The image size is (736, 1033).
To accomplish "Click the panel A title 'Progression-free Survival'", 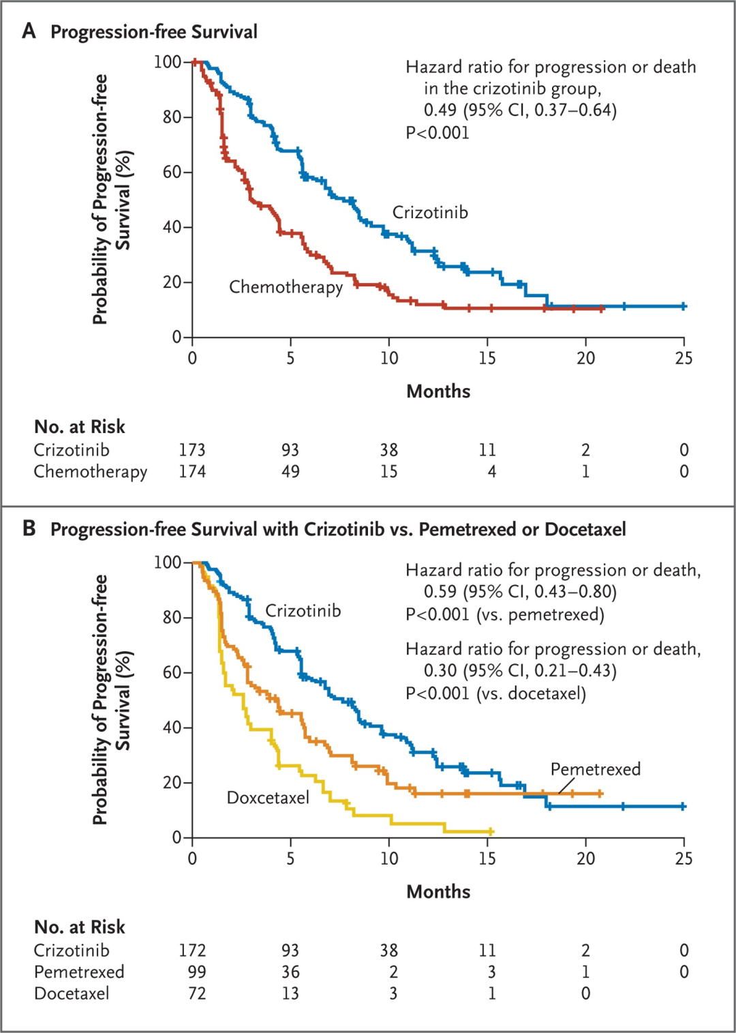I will pyautogui.click(x=154, y=32).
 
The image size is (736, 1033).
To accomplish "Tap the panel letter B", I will pyautogui.click(x=29, y=528).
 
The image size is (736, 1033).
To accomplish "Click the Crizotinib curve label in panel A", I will pyautogui.click(x=430, y=213).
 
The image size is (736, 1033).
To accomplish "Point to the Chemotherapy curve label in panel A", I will pyautogui.click(x=286, y=287).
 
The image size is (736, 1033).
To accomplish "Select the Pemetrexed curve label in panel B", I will pyautogui.click(x=596, y=769).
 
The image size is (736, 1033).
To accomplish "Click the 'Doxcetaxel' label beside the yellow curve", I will pyautogui.click(x=268, y=798).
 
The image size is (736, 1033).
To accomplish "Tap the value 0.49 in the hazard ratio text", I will pyautogui.click(x=440, y=110).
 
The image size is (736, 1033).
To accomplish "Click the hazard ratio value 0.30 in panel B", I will pyautogui.click(x=440, y=671).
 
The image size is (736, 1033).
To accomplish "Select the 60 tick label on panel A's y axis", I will pyautogui.click(x=172, y=173).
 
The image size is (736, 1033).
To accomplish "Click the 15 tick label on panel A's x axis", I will pyautogui.click(x=487, y=358).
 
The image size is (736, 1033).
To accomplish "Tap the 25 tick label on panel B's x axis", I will pyautogui.click(x=684, y=858).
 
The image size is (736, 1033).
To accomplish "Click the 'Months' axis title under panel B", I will pyautogui.click(x=438, y=892).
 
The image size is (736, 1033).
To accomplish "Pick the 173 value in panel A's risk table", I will pyautogui.click(x=192, y=450).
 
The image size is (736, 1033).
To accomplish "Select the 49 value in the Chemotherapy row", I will pyautogui.click(x=290, y=472).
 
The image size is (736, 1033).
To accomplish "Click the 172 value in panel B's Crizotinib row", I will pyautogui.click(x=192, y=950).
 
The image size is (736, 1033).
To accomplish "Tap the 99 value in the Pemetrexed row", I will pyautogui.click(x=197, y=972).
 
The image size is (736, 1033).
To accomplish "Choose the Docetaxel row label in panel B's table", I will pyautogui.click(x=72, y=993).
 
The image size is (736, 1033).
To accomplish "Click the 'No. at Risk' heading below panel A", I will pyautogui.click(x=80, y=427).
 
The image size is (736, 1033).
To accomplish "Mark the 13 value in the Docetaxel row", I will pyautogui.click(x=290, y=993).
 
